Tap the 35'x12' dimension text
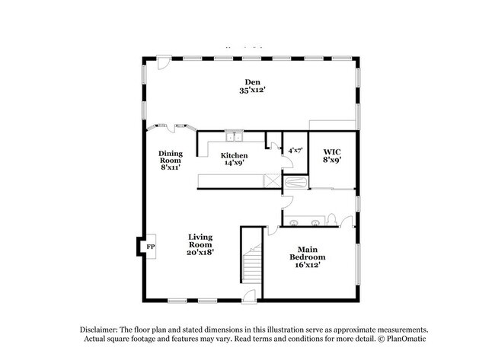(x=251, y=91)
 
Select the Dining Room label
(x=171, y=157)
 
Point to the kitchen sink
(x=234, y=138)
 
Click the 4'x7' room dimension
(x=294, y=151)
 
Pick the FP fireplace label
(x=151, y=247)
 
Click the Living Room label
(x=201, y=241)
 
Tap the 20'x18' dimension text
(x=201, y=253)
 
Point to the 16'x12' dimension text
(x=307, y=266)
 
